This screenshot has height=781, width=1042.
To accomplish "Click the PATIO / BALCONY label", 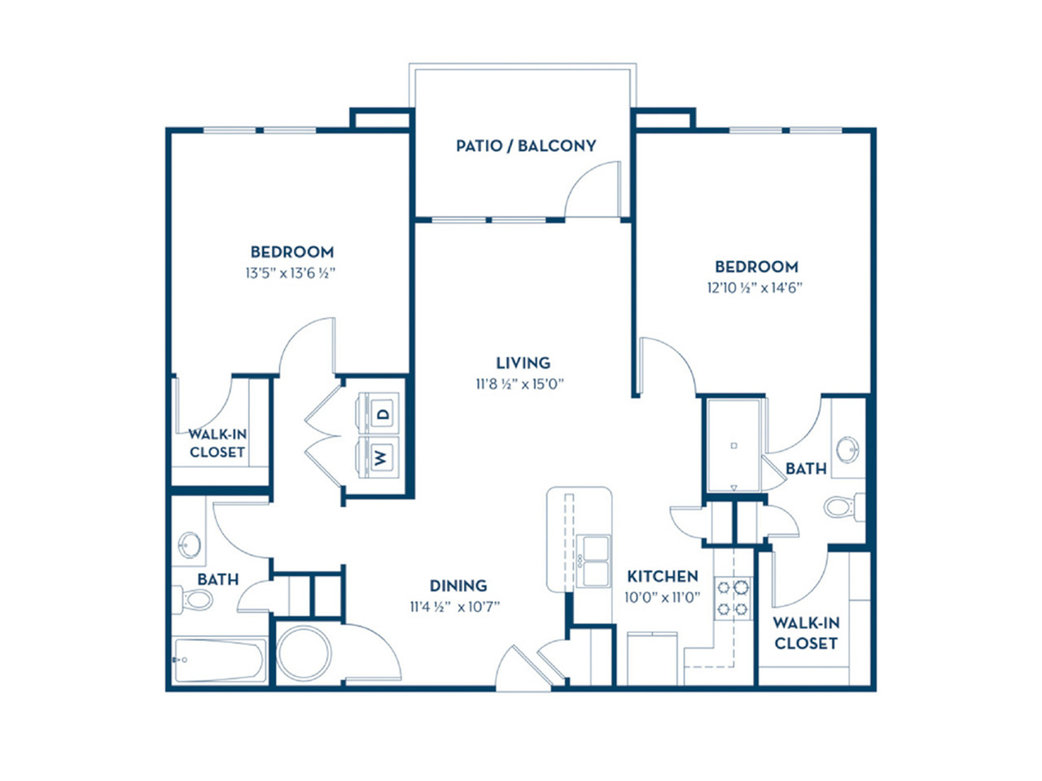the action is point(526,146).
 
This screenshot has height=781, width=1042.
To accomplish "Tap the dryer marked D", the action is point(379,412).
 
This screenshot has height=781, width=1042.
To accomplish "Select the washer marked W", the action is point(379,457).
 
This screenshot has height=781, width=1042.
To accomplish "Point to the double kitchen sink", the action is point(593,561).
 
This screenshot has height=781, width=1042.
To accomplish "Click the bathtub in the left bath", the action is point(219,660).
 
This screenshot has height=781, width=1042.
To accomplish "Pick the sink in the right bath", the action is point(847,449).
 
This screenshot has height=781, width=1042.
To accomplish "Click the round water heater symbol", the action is point(304,653).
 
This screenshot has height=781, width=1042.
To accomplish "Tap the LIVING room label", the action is point(523,363).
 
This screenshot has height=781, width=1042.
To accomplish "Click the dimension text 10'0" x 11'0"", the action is point(663,597).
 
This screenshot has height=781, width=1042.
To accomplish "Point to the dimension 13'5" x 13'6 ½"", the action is point(291,273).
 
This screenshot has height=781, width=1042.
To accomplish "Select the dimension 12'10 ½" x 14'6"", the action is point(755,288).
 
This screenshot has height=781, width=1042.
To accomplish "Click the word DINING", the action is point(458,586).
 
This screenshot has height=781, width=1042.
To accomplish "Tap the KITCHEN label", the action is point(663,576).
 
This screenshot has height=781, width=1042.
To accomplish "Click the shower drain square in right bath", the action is point(734,446).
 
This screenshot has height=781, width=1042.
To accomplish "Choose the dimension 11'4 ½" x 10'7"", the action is point(455,607).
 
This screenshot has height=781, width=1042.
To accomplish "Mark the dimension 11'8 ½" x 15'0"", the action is point(520,384).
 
